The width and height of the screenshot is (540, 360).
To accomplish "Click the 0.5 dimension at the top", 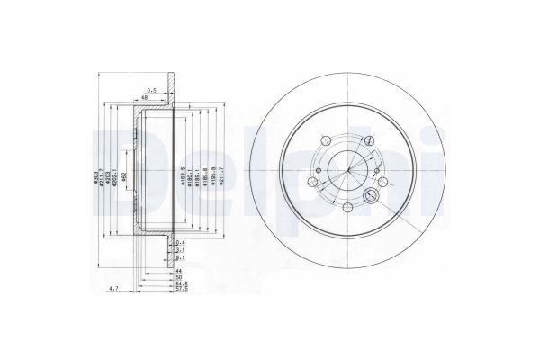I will [x=153, y=88].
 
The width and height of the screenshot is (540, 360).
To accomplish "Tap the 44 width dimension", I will [x=179, y=271].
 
